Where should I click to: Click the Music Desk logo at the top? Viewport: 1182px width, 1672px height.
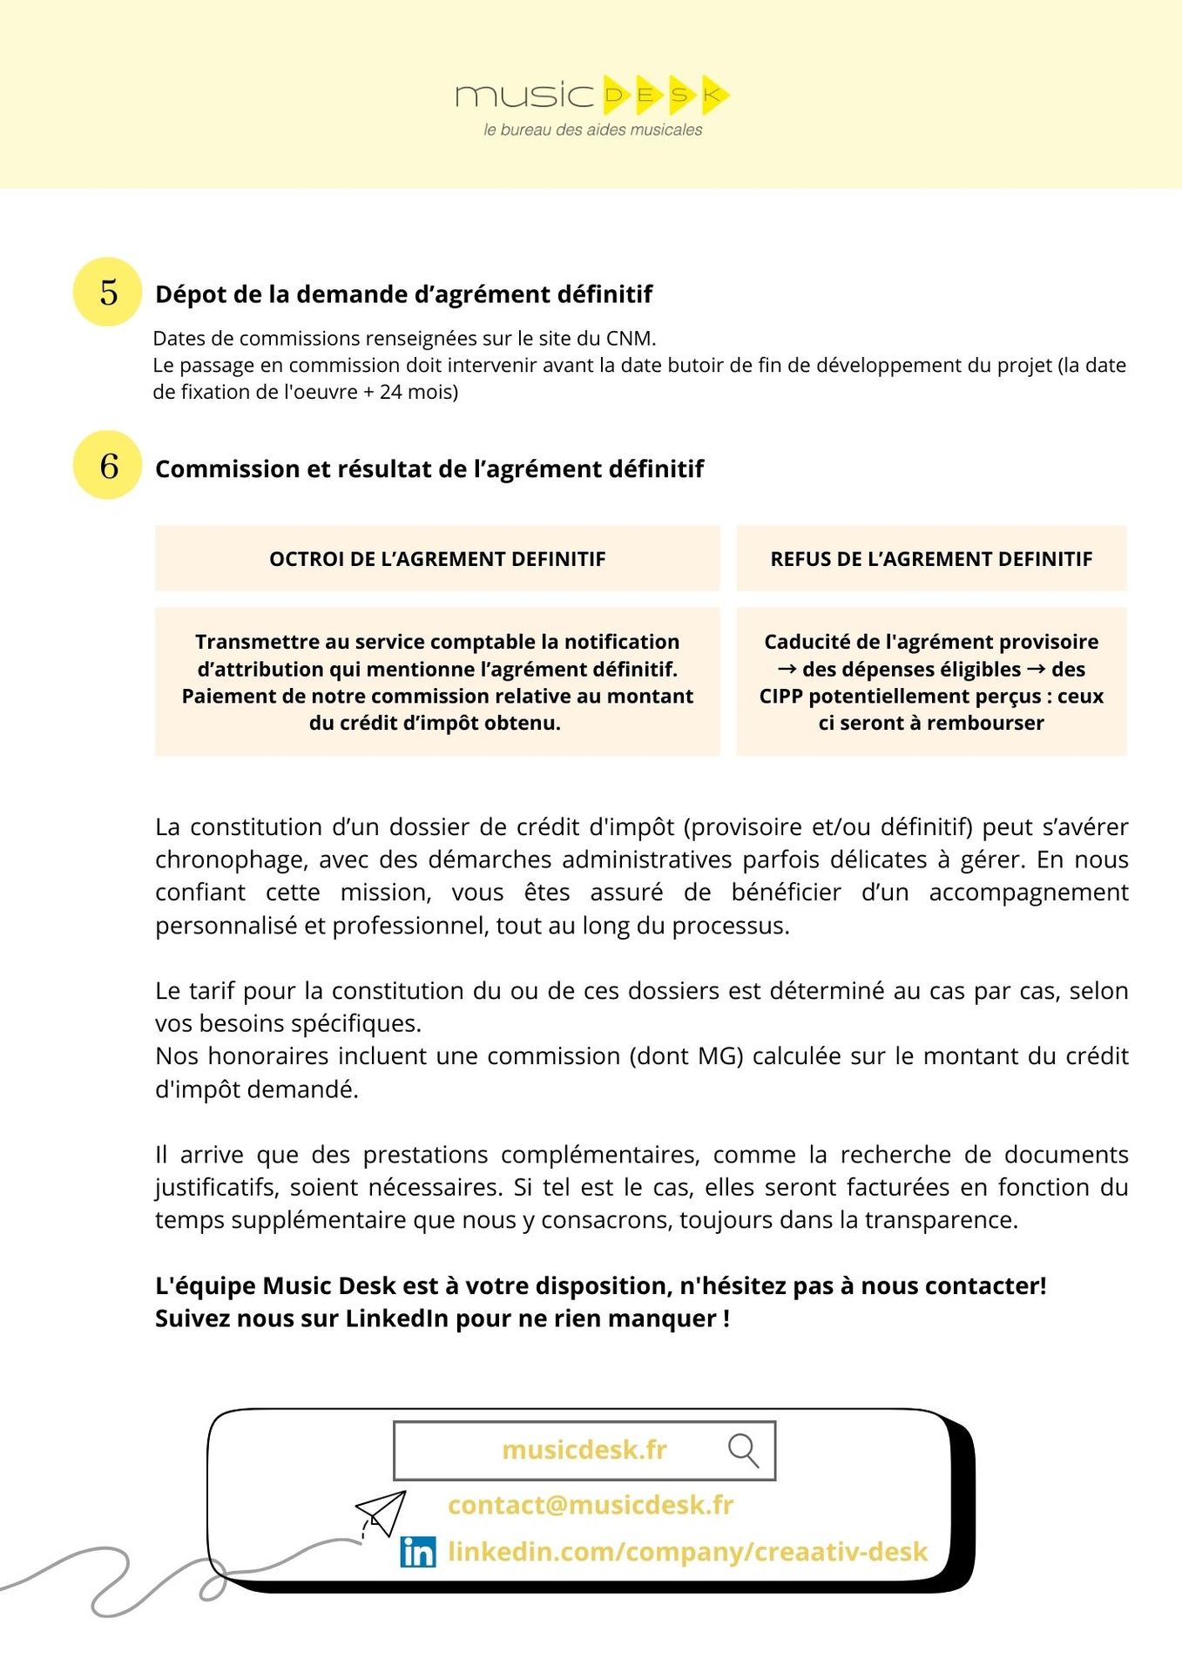click(591, 94)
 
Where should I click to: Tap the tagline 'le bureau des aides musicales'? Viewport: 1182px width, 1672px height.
click(592, 130)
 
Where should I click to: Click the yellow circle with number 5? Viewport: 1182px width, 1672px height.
click(107, 292)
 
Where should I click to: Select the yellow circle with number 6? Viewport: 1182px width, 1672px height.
click(107, 465)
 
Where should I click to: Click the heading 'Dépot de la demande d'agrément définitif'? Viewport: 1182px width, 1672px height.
click(403, 294)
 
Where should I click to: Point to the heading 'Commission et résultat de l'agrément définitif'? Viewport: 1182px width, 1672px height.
click(429, 469)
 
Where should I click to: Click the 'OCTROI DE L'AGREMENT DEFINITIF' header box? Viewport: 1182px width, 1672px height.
click(437, 559)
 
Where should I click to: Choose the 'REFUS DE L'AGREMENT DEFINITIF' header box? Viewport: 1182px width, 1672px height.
click(931, 559)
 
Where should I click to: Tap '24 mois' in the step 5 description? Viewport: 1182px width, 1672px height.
click(418, 392)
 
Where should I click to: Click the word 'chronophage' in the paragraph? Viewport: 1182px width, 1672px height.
click(230, 860)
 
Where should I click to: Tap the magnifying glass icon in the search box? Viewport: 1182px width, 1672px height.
click(743, 1450)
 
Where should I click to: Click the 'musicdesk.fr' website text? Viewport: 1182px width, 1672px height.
click(584, 1450)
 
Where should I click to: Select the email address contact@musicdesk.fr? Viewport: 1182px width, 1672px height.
click(591, 1505)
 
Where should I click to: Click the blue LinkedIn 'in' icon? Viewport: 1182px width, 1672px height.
click(418, 1551)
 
